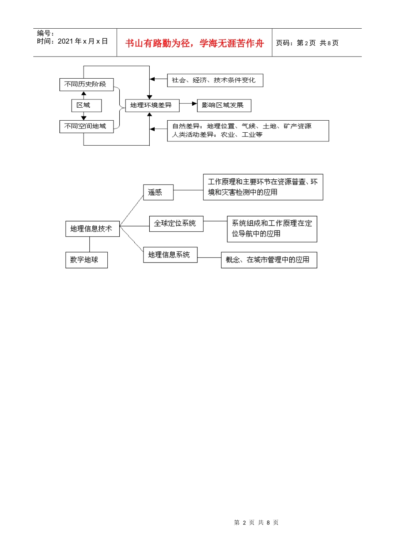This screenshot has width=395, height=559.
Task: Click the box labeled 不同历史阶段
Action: [86, 84]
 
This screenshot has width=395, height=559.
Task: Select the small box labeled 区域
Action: [86, 105]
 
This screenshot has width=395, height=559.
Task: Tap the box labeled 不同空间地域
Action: [86, 126]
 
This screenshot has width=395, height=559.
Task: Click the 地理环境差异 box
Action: [152, 105]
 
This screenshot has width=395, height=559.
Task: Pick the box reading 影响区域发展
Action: [224, 105]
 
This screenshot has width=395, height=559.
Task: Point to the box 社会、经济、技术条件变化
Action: [215, 80]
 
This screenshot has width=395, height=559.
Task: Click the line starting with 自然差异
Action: [242, 126]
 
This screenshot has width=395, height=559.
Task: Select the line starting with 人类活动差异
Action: [217, 135]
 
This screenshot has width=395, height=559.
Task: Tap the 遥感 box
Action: [158, 192]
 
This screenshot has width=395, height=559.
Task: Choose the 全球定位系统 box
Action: [176, 224]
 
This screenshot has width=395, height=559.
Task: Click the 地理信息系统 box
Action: [170, 255]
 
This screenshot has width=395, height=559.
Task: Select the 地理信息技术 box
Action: [92, 229]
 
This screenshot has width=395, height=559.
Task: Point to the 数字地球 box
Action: [86, 260]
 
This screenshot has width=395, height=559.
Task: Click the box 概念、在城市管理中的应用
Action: [269, 260]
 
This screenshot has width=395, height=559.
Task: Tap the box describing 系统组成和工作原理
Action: [272, 229]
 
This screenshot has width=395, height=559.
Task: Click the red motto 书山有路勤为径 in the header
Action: [195, 43]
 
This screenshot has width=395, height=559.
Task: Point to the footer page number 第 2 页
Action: [256, 522]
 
